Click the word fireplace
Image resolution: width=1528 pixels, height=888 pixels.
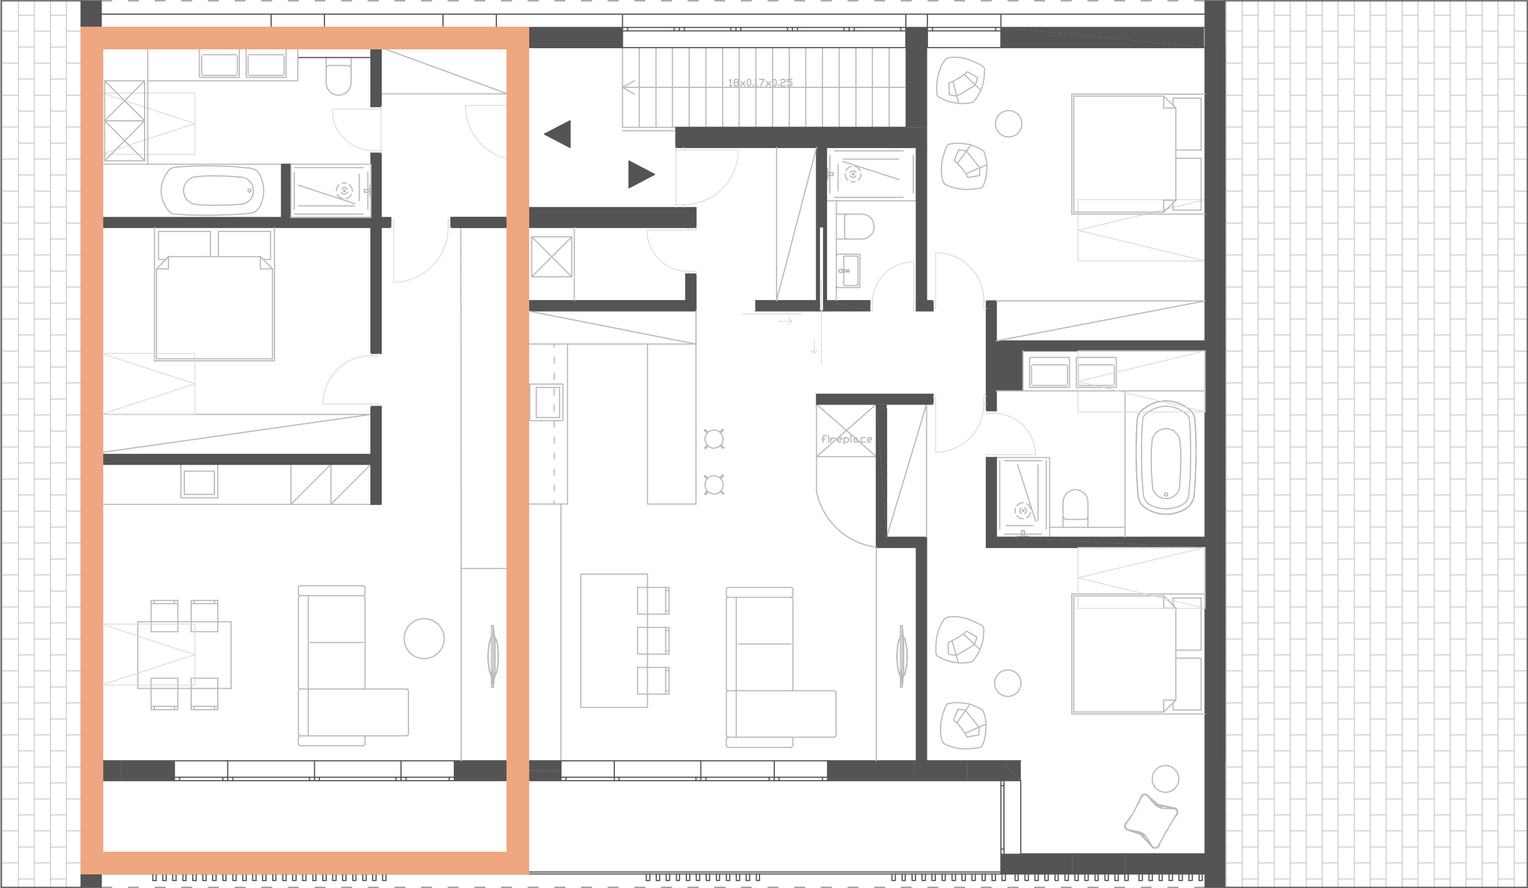tap(846, 439)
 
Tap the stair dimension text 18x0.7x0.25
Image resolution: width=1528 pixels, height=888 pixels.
tap(760, 82)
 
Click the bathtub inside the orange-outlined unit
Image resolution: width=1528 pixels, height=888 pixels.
tap(212, 191)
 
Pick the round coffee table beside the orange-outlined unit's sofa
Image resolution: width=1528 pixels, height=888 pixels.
tap(424, 639)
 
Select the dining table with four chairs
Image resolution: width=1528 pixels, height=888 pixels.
tap(184, 655)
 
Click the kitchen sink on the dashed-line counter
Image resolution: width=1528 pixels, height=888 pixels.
tap(547, 402)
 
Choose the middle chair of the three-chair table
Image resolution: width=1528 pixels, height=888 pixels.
tap(653, 641)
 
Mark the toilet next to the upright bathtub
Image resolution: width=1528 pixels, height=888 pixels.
tap(1075, 504)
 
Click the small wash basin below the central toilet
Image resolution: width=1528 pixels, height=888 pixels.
tap(848, 271)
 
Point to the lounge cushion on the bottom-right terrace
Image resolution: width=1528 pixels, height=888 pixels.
tap(1151, 820)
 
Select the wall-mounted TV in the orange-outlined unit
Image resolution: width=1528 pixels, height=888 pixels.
tap(493, 656)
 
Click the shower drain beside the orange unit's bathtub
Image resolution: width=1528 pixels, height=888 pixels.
tap(344, 191)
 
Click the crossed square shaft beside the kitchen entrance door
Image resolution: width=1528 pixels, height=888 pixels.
tap(551, 256)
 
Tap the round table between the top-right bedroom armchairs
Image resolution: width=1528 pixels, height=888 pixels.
tap(1008, 124)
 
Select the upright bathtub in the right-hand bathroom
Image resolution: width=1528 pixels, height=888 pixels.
tap(1166, 457)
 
